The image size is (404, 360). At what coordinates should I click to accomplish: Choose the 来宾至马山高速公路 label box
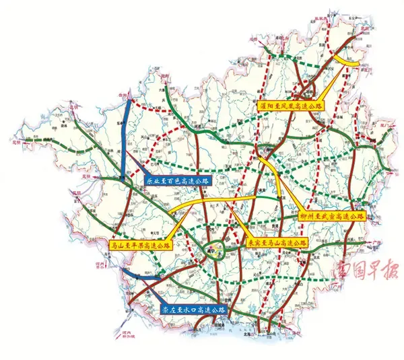pos(277,242)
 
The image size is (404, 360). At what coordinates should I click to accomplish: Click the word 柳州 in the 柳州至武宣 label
pos(309,217)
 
